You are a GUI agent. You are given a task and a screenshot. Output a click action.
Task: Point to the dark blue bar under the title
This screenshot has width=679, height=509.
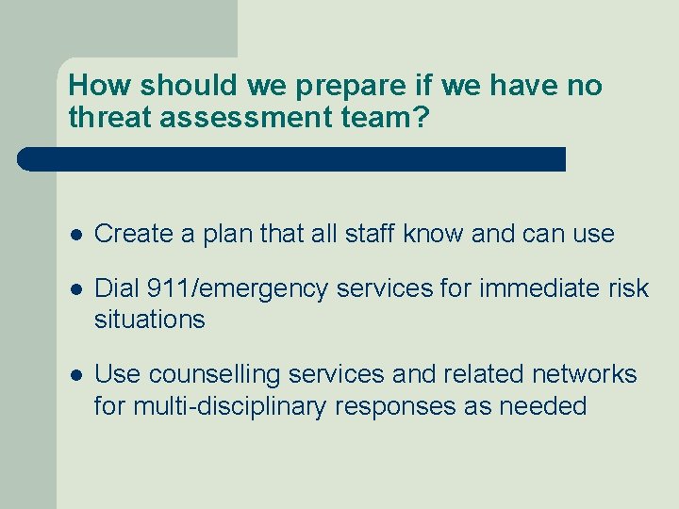[291, 158]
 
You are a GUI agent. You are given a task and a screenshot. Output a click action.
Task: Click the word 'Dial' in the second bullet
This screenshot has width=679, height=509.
[118, 287]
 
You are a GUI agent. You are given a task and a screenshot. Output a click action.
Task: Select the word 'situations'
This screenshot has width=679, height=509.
[149, 320]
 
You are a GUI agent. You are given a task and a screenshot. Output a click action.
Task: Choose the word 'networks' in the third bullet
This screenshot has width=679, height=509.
[584, 374]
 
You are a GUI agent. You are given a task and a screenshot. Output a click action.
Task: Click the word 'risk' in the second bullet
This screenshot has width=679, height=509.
[627, 287]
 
